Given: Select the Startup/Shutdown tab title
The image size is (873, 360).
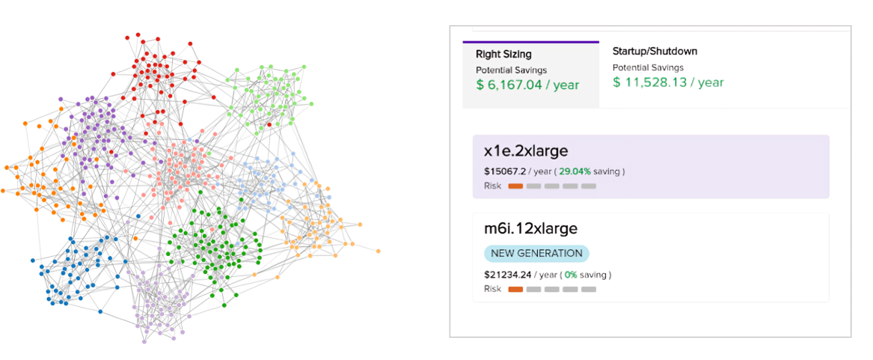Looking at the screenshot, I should pos(655,52).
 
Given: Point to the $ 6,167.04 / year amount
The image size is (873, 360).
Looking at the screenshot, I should pos(527,85).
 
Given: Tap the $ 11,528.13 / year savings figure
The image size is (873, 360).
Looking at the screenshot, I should pos(668,82).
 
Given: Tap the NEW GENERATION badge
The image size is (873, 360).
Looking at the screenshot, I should pos(536,253).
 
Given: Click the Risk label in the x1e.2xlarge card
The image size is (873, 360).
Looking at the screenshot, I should pos(492,186).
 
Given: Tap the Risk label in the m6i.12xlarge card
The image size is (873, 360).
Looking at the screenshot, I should pos(492,289).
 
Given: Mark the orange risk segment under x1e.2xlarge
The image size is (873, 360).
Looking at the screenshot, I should pos(515,186).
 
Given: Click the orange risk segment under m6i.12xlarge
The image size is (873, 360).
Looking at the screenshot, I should pos(515,289).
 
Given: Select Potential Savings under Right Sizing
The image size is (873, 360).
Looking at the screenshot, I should pos(506,70).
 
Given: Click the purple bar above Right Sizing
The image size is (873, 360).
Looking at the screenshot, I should pos(531,42).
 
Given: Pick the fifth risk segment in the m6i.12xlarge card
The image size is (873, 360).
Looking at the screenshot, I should pos(589,289).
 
